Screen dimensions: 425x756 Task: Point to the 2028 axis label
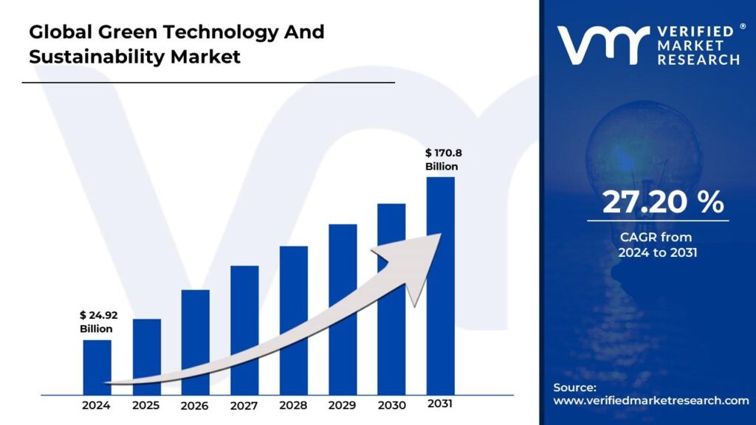293,405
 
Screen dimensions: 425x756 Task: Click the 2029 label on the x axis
343,405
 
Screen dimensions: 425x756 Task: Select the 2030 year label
391,405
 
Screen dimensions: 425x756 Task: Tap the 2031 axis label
440,404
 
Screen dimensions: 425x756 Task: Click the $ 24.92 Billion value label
99,322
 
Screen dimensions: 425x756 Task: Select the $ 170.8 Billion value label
442,159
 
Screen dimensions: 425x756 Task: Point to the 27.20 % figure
663,202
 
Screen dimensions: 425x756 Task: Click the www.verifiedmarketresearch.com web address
651,401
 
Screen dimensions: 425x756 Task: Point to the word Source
574,387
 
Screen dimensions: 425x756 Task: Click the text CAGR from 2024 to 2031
657,245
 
